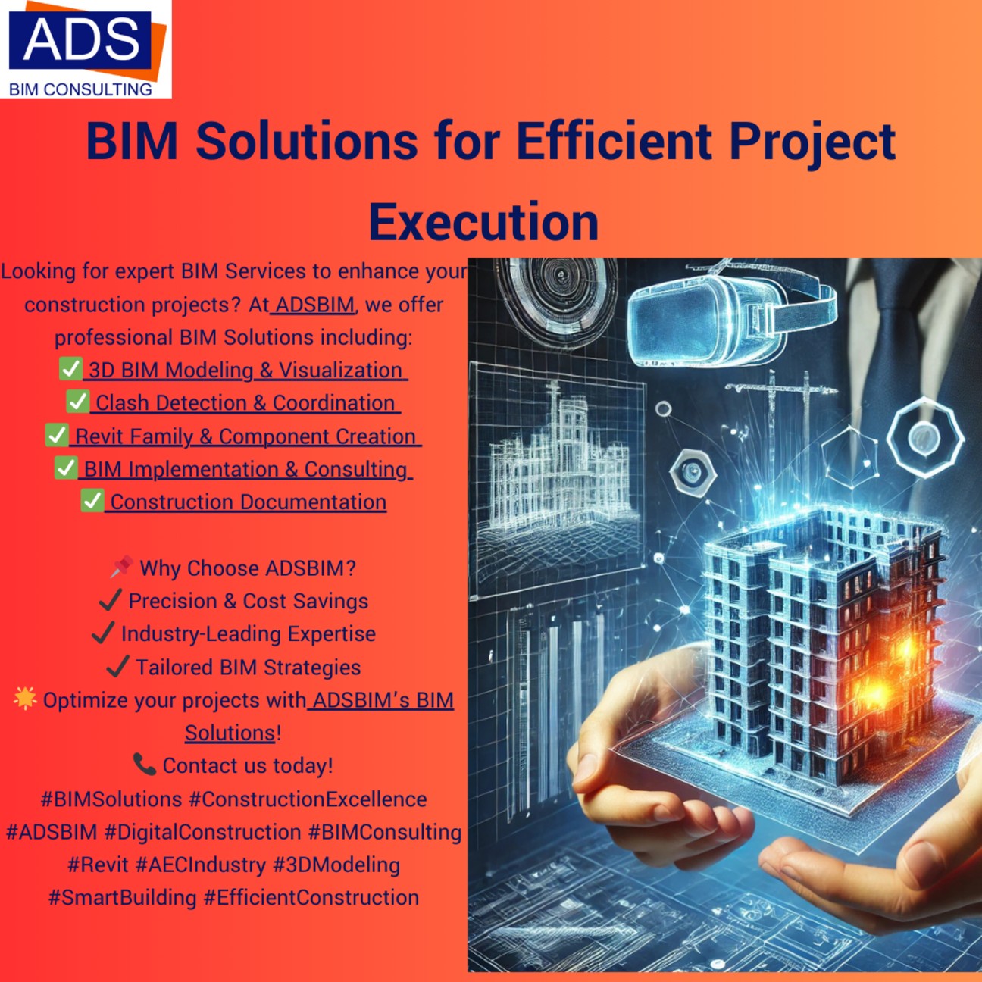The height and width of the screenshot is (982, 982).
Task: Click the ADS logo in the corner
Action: [86, 49]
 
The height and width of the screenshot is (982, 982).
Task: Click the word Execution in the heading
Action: [483, 222]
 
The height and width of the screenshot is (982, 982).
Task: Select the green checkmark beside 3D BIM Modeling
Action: [70, 368]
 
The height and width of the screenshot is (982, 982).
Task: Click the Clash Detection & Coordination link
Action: [245, 403]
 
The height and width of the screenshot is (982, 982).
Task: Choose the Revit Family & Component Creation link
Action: [245, 436]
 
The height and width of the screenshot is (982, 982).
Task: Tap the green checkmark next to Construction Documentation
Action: [92, 500]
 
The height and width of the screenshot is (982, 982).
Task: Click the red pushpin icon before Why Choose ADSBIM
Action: [122, 567]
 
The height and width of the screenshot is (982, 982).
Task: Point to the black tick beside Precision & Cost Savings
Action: [110, 600]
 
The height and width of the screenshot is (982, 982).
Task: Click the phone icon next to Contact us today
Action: [145, 765]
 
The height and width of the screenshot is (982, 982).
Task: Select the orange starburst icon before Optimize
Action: [25, 698]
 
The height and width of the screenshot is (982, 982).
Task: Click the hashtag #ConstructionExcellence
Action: [308, 799]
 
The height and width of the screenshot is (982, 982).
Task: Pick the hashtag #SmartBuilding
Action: [122, 898]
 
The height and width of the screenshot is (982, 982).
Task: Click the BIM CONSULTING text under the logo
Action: [80, 89]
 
